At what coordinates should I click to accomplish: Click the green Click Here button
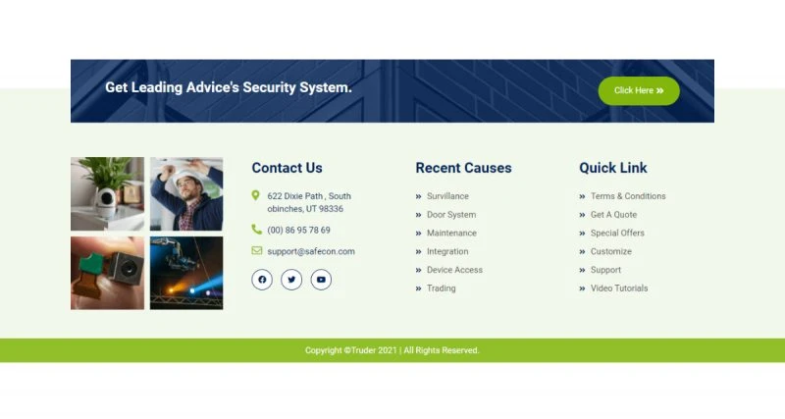tap(639, 90)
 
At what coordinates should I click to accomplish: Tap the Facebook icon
tap(262, 280)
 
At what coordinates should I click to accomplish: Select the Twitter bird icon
tap(291, 280)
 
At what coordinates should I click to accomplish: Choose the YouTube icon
tap(321, 280)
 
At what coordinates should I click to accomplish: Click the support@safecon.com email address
tap(311, 251)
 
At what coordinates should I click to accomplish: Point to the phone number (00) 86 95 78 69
tap(299, 231)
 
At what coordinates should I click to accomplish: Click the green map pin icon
tap(255, 195)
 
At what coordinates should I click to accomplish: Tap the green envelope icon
tap(256, 250)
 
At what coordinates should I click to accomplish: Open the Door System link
tap(451, 215)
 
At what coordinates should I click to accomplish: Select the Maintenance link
tap(451, 234)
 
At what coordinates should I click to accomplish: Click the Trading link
tap(441, 288)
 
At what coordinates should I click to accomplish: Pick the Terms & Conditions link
tap(628, 196)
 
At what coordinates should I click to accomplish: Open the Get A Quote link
tap(614, 215)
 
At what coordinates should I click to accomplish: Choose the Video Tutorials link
tap(619, 288)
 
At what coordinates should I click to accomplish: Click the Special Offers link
tap(617, 234)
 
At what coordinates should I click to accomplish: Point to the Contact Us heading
tap(287, 168)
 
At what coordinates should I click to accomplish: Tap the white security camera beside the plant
tap(106, 200)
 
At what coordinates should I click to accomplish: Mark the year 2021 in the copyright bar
tap(388, 350)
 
